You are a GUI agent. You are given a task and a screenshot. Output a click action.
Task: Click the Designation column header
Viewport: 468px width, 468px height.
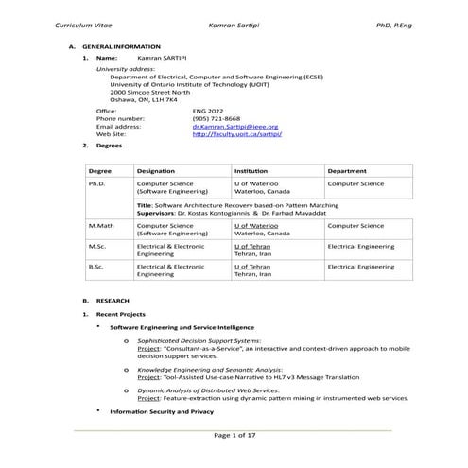[x=156, y=170]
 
